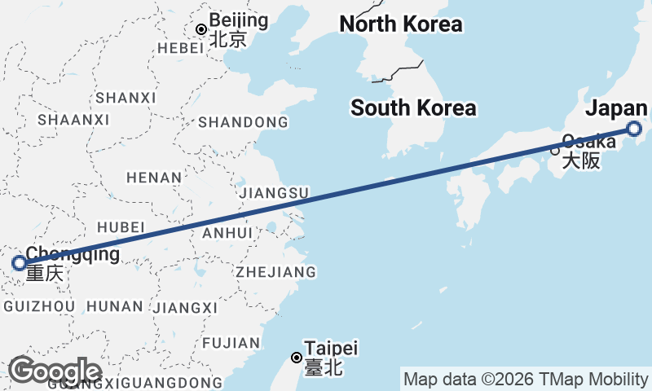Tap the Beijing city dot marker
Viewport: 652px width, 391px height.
pyautogui.click(x=201, y=30)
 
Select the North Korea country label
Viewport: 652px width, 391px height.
pyautogui.click(x=400, y=24)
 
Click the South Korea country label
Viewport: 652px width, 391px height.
pyautogui.click(x=413, y=108)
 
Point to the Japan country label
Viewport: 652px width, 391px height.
pyautogui.click(x=616, y=109)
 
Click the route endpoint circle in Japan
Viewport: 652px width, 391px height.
pyautogui.click(x=634, y=129)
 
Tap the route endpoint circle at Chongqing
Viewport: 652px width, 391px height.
pyautogui.click(x=20, y=263)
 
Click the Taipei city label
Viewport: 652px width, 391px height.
pyautogui.click(x=331, y=349)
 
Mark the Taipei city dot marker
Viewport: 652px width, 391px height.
pyautogui.click(x=296, y=358)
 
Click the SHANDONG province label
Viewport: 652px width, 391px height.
pyautogui.click(x=243, y=122)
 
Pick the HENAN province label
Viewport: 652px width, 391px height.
pyautogui.click(x=154, y=177)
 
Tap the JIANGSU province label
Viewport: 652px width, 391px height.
pyautogui.click(x=274, y=193)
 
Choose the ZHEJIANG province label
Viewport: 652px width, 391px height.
pyautogui.click(x=275, y=271)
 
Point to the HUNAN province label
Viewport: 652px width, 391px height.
pyautogui.click(x=114, y=306)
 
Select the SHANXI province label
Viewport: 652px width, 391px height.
pyautogui.click(x=125, y=98)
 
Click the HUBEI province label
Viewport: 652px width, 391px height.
pyautogui.click(x=120, y=226)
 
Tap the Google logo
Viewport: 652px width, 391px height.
pyautogui.click(x=54, y=371)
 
